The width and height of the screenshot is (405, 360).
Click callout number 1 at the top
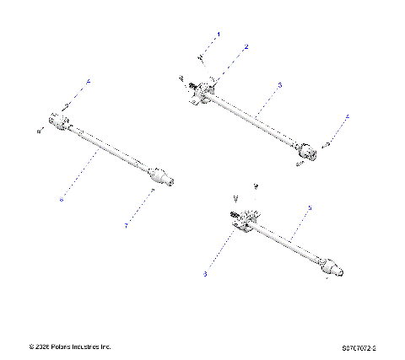[x=219, y=35]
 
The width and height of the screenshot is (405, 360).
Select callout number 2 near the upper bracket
[x=246, y=47]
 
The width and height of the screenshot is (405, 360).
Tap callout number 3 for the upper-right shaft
[x=279, y=85]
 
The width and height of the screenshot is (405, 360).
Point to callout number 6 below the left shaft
[x=62, y=199]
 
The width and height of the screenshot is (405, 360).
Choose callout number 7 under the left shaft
[x=127, y=225]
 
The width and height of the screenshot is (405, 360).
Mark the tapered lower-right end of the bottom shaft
[x=336, y=269]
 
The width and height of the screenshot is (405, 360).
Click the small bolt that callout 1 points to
[x=201, y=57]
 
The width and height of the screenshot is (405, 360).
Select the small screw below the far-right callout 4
[x=327, y=144]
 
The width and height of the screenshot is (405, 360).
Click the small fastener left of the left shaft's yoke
[x=40, y=131]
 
